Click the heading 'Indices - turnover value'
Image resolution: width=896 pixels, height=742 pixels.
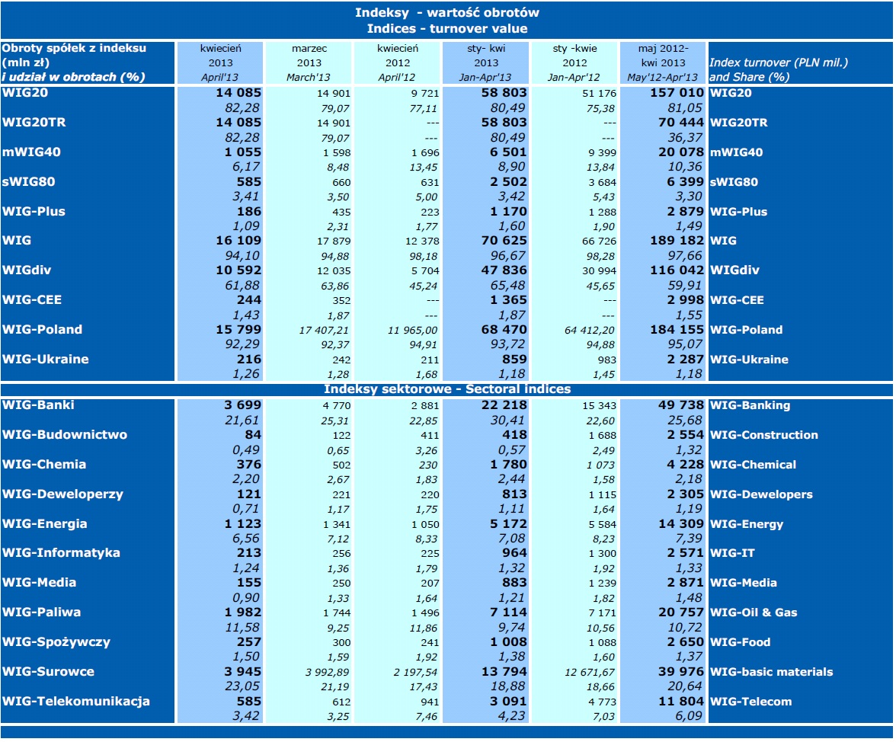pyautogui.click(x=447, y=29)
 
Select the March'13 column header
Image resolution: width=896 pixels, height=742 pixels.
pyautogui.click(x=309, y=77)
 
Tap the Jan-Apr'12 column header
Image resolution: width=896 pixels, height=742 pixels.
pyautogui.click(x=574, y=77)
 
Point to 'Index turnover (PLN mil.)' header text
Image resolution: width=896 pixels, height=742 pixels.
pyautogui.click(x=778, y=62)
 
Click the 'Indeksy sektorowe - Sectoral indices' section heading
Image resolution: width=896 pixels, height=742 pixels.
pyautogui.click(x=447, y=389)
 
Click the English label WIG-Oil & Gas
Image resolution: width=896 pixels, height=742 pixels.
pyautogui.click(x=754, y=612)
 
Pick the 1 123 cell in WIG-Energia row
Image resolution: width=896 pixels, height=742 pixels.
pyautogui.click(x=242, y=524)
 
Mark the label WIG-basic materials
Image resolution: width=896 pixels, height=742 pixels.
pyautogui.click(x=771, y=672)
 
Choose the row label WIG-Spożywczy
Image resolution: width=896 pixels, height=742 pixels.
pyautogui.click(x=56, y=642)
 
